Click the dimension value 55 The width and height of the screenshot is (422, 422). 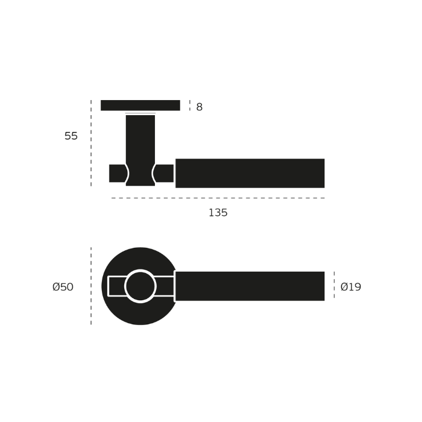pos(71,136)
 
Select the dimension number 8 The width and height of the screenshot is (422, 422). pos(200,107)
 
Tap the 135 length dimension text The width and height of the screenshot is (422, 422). pos(218,213)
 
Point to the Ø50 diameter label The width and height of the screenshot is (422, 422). pos(63,287)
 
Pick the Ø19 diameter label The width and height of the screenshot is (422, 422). pos(351,287)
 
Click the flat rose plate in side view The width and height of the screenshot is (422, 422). pos(140,105)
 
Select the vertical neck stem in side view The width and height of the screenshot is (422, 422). pos(140,150)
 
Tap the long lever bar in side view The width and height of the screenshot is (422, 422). pos(250,174)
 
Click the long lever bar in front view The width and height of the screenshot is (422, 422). pos(250,286)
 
